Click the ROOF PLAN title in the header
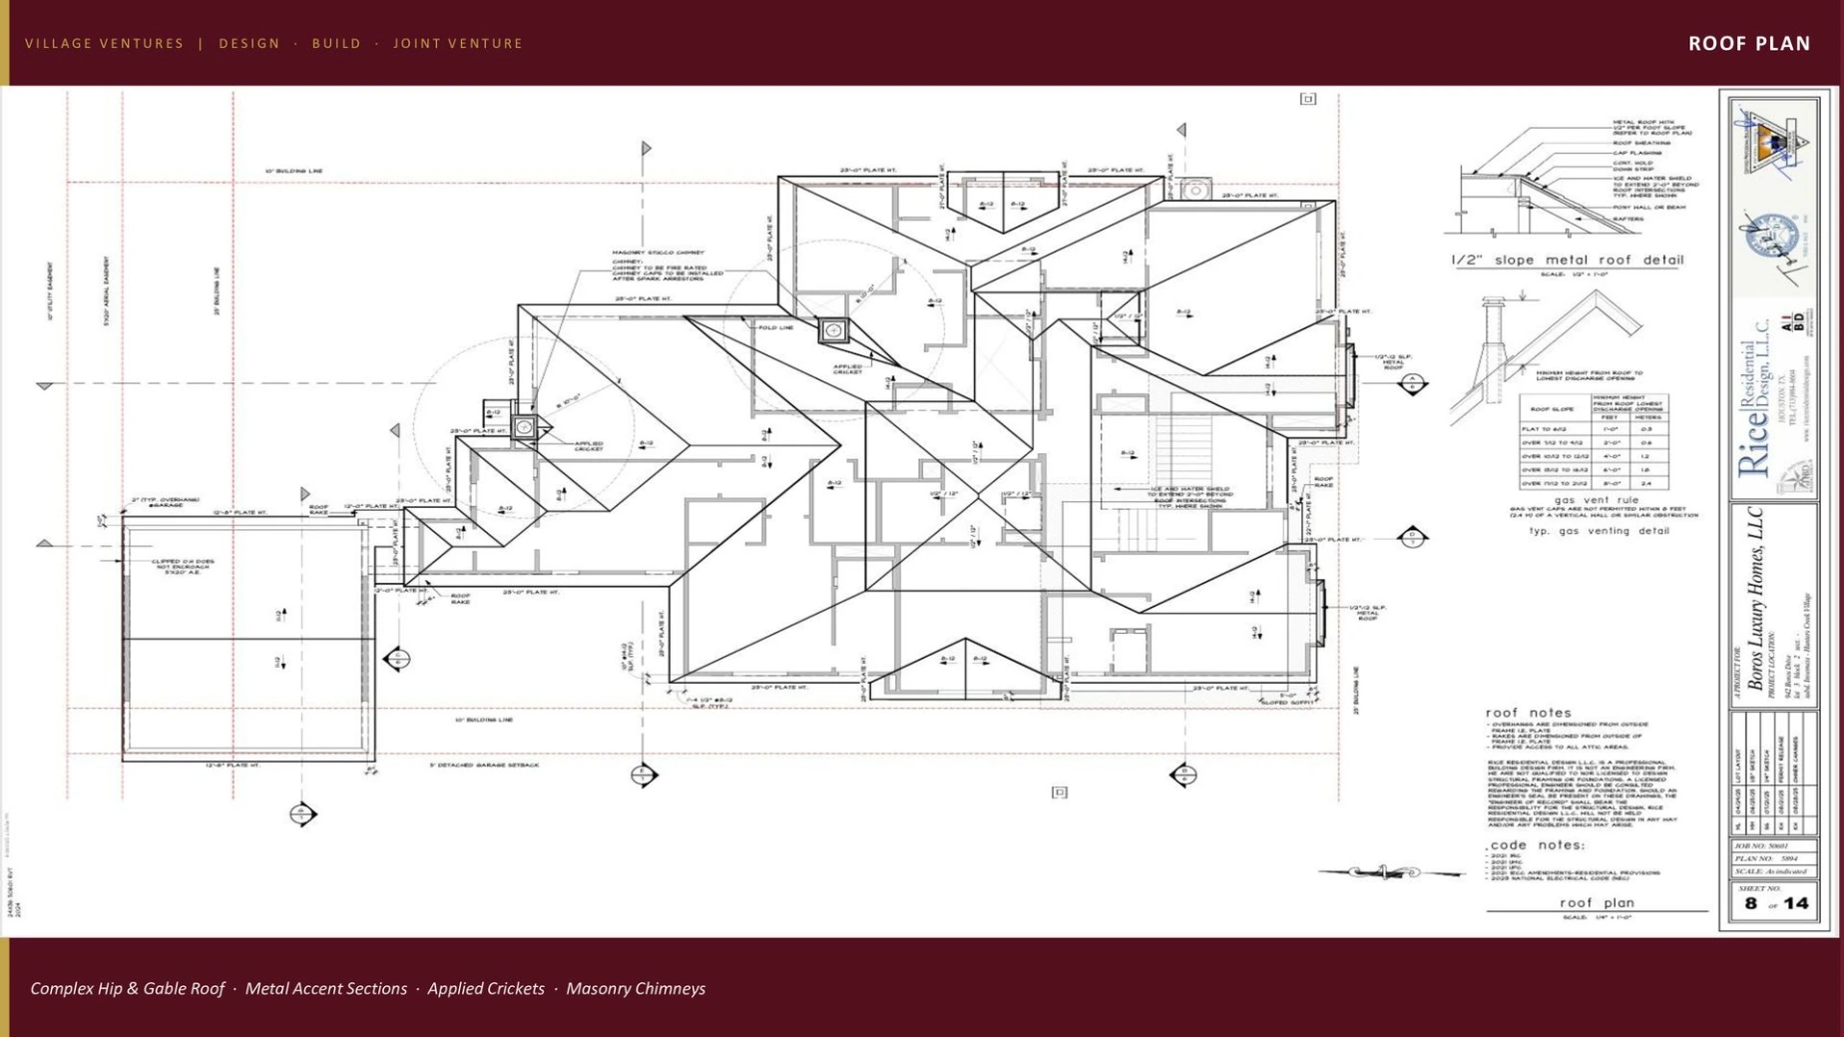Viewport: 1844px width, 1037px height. point(1748,43)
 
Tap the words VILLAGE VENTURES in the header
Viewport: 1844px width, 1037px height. point(105,43)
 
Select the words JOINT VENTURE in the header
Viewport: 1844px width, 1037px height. point(458,43)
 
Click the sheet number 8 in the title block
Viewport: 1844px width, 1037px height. point(1750,903)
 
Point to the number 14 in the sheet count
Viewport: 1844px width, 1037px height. point(1796,903)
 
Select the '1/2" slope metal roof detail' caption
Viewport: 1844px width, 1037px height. point(1567,259)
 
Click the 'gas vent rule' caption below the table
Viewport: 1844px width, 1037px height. point(1596,500)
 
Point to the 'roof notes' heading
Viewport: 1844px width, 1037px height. point(1528,713)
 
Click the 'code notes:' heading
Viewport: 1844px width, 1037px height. point(1537,844)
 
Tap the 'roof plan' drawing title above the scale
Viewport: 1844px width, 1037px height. point(1597,902)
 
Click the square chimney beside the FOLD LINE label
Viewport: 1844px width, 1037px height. point(833,330)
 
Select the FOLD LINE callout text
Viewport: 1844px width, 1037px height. point(776,327)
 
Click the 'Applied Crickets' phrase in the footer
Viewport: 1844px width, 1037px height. point(486,988)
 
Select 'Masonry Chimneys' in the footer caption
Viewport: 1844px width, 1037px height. point(636,988)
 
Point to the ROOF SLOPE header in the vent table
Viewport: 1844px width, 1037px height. point(1552,409)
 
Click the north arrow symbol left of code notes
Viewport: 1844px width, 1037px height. point(1387,872)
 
